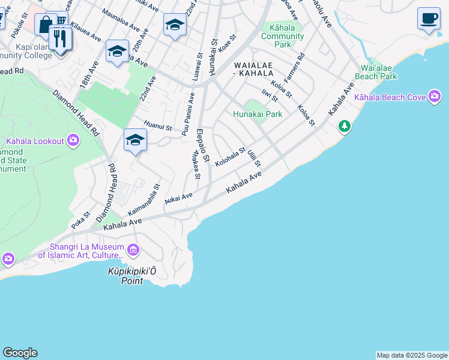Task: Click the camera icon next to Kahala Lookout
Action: pos(73,141)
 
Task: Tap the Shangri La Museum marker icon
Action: pos(133,249)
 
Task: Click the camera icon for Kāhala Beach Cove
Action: pos(435,97)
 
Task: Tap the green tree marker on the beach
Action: pos(344,126)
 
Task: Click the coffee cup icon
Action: pos(429,19)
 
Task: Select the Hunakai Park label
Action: pos(258,114)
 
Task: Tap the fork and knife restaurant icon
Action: pos(60,39)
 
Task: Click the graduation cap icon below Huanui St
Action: pos(136,140)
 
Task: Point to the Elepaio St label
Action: pos(203,146)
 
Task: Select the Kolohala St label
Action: pos(231,157)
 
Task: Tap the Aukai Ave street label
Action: pos(179,197)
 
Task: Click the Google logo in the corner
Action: pos(20,353)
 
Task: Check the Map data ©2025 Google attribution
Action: pos(412,355)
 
